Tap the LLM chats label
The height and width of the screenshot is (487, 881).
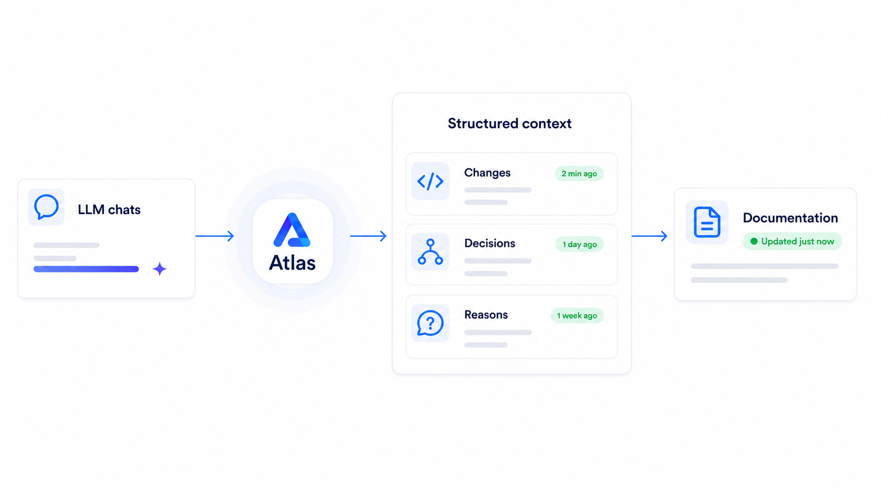109,210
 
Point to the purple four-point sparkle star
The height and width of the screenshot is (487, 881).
159,269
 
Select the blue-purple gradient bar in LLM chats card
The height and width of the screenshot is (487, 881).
86,269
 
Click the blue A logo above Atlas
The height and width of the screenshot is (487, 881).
292,230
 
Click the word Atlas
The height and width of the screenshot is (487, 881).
292,263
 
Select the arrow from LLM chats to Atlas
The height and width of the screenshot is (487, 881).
215,236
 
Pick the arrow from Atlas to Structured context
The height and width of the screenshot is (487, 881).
368,236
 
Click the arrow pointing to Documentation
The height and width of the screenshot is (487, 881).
650,236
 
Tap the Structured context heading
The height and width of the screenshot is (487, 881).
509,124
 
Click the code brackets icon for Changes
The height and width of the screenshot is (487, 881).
430,181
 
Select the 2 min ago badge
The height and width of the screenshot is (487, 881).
579,174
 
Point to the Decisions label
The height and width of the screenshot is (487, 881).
490,243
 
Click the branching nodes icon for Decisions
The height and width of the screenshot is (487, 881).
430,252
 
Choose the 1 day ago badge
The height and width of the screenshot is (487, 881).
579,244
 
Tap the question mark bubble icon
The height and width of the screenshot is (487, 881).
430,323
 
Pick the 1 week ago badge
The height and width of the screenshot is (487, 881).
577,316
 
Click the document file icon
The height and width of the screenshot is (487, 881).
707,222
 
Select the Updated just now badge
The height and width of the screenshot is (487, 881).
792,242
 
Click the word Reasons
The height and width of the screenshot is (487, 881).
486,315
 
